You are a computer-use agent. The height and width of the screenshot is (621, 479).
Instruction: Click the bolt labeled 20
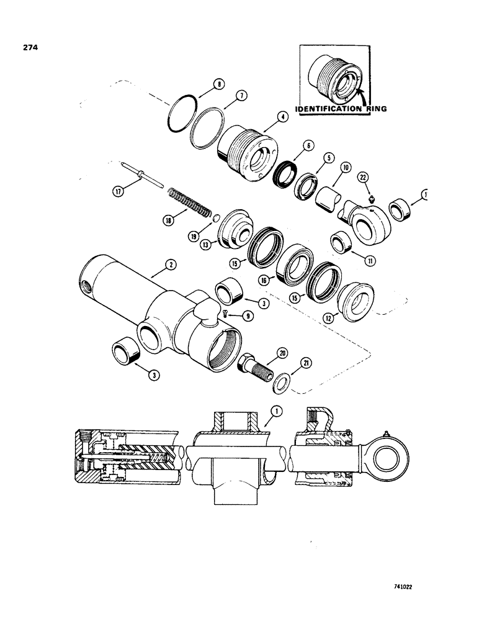[253, 367]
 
